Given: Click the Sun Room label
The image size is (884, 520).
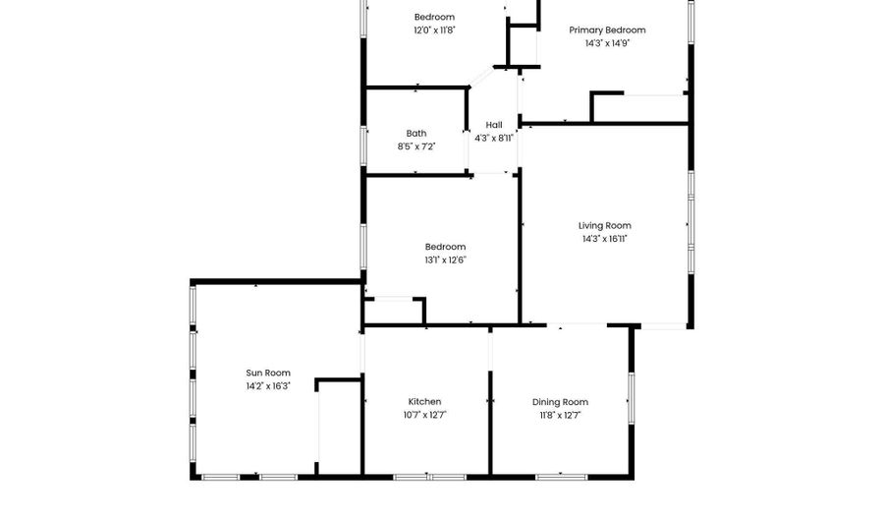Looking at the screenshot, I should point(268,373).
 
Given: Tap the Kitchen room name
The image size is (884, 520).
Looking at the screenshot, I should point(424,401).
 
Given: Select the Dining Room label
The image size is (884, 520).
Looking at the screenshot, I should point(560,401).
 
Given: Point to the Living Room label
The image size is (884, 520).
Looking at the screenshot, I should point(604,225).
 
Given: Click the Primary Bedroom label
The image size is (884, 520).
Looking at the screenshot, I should point(607,29).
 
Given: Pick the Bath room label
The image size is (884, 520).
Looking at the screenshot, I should point(416,134).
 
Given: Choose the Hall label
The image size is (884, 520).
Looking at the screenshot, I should point(494,125).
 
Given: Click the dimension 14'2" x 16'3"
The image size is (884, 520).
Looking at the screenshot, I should point(268,386).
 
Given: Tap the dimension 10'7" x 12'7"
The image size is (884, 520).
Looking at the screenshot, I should point(424,415).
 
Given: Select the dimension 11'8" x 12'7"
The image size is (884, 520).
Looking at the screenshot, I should point(560,415).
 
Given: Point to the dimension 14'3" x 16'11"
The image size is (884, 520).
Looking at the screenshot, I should point(604,239).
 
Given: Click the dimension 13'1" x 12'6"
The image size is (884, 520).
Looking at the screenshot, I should point(445,260).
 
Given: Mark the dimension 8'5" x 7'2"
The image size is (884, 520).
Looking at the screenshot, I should point(416,146).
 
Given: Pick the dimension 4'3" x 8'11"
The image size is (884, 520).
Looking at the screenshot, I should point(494,138).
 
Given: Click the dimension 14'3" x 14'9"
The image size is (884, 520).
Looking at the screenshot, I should point(607,43).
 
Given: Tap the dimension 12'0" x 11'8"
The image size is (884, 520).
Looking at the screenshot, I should point(434,30).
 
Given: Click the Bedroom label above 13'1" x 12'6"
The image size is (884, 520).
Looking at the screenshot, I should point(445,247).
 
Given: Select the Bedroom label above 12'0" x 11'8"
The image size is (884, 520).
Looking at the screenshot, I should point(434,17).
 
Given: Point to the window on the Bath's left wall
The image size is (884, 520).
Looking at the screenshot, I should point(364,144).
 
